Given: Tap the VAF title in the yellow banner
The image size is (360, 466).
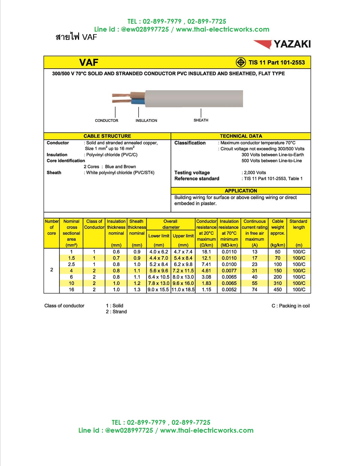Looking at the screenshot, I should click(x=89, y=62).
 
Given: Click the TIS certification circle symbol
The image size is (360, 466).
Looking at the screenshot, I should click(x=241, y=62).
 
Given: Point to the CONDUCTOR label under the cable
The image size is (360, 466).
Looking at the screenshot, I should click(x=106, y=121).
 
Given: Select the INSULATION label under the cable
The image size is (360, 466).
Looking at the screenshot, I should click(x=146, y=121).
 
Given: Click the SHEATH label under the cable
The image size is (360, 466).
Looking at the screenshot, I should click(x=201, y=120).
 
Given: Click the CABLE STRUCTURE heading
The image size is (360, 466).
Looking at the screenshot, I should click(x=107, y=136).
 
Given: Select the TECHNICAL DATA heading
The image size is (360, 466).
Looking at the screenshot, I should click(x=241, y=136).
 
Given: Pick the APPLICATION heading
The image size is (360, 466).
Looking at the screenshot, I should click(x=241, y=191).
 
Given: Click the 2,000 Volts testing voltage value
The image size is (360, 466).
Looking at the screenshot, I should click(x=255, y=173).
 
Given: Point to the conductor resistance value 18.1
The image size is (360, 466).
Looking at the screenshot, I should click(x=206, y=252).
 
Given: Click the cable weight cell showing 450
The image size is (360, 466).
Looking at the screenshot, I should click(x=278, y=290).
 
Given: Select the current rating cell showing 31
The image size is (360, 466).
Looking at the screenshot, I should click(x=254, y=271).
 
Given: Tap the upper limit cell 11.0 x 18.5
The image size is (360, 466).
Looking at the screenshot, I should click(x=183, y=290).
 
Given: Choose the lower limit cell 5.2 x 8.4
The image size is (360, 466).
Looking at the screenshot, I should click(x=159, y=265).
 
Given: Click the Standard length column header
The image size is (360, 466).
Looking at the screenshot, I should click(x=298, y=224).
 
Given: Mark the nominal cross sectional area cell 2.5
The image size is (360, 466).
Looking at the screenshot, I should click(x=71, y=265).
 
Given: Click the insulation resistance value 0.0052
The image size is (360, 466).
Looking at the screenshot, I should click(x=229, y=290).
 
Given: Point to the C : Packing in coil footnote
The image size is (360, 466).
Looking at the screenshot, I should click(x=291, y=306).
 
